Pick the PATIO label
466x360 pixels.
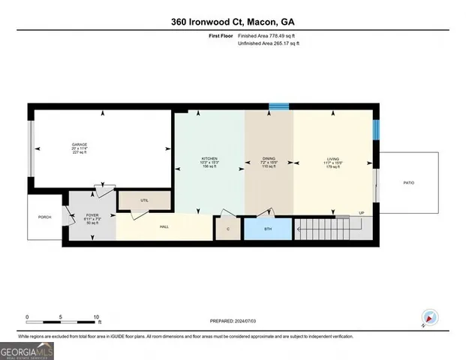pos(408,182)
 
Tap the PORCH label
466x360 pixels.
pos(44,218)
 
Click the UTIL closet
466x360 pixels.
pos(144,200)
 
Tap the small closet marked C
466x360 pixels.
pos(227,229)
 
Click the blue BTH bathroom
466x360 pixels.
pos(268,229)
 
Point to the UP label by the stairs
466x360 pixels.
pos(362,213)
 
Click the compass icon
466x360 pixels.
pos(429,317)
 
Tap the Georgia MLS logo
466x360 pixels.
pos(27,350)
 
